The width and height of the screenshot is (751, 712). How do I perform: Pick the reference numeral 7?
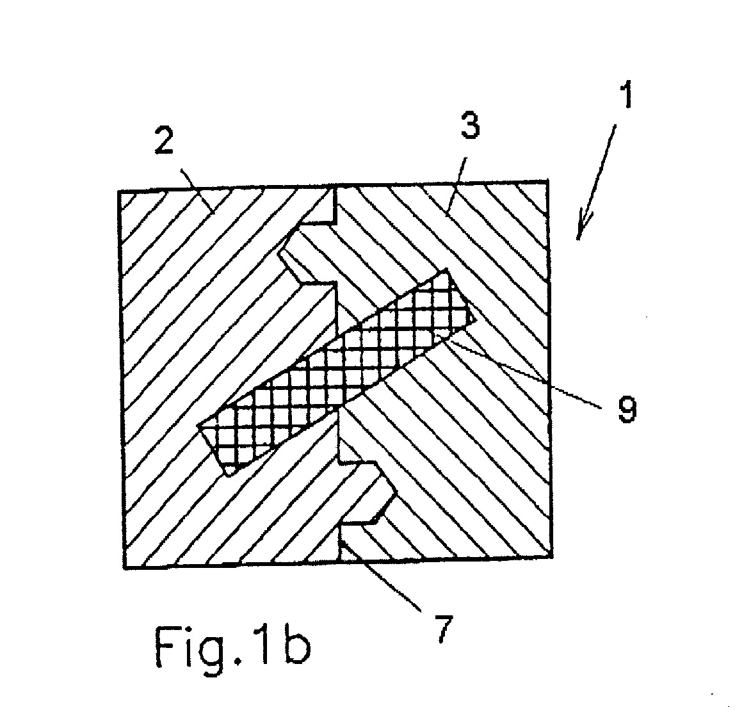click(x=444, y=629)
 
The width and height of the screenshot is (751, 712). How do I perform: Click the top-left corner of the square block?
click(x=118, y=191)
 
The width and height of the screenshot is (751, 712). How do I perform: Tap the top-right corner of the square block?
click(x=548, y=181)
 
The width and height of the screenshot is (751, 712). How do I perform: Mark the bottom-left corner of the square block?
click(x=125, y=569)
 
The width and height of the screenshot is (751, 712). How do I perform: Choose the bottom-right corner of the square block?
click(x=553, y=556)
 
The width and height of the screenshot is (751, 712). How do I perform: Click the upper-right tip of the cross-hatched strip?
click(x=447, y=270)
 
